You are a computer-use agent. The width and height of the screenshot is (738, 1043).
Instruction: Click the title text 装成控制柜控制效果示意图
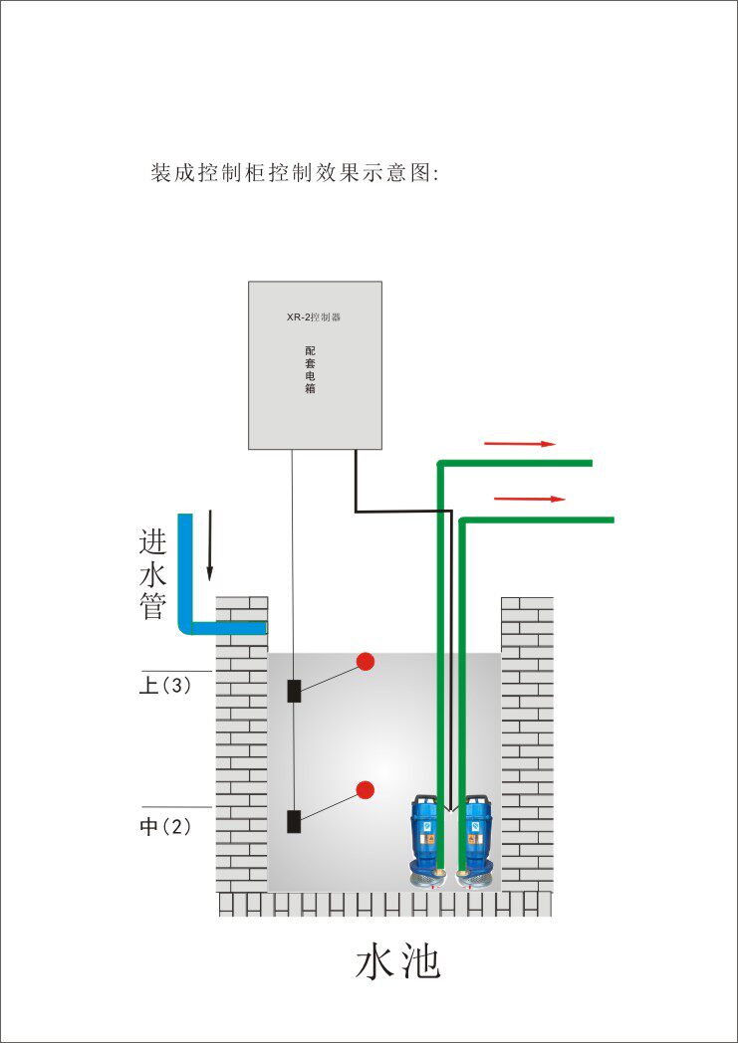pyautogui.click(x=295, y=172)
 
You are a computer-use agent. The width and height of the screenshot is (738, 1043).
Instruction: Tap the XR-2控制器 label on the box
pyautogui.click(x=314, y=317)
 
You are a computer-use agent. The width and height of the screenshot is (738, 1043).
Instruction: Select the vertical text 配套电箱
pyautogui.click(x=310, y=370)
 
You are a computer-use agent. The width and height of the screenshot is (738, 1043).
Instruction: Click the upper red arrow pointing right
pyautogui.click(x=519, y=443)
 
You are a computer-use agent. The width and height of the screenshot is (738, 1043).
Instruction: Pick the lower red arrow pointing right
pyautogui.click(x=529, y=499)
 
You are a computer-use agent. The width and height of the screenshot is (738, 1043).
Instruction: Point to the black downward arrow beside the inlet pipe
pyautogui.click(x=210, y=545)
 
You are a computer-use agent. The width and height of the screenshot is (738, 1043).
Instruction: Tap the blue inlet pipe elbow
pyautogui.click(x=188, y=624)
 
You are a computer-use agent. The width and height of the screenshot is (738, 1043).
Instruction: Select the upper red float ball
pyautogui.click(x=366, y=661)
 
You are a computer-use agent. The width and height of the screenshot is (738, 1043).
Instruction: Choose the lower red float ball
pyautogui.click(x=366, y=790)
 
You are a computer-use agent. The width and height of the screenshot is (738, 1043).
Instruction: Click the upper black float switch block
pyautogui.click(x=294, y=691)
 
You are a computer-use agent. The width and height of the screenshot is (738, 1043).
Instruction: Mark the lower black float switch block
pyautogui.click(x=294, y=821)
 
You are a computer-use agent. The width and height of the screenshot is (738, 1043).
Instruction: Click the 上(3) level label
pyautogui.click(x=164, y=687)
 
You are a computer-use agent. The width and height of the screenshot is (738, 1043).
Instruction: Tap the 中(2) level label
pyautogui.click(x=164, y=827)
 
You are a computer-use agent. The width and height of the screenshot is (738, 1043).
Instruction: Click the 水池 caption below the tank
pyautogui.click(x=398, y=962)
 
